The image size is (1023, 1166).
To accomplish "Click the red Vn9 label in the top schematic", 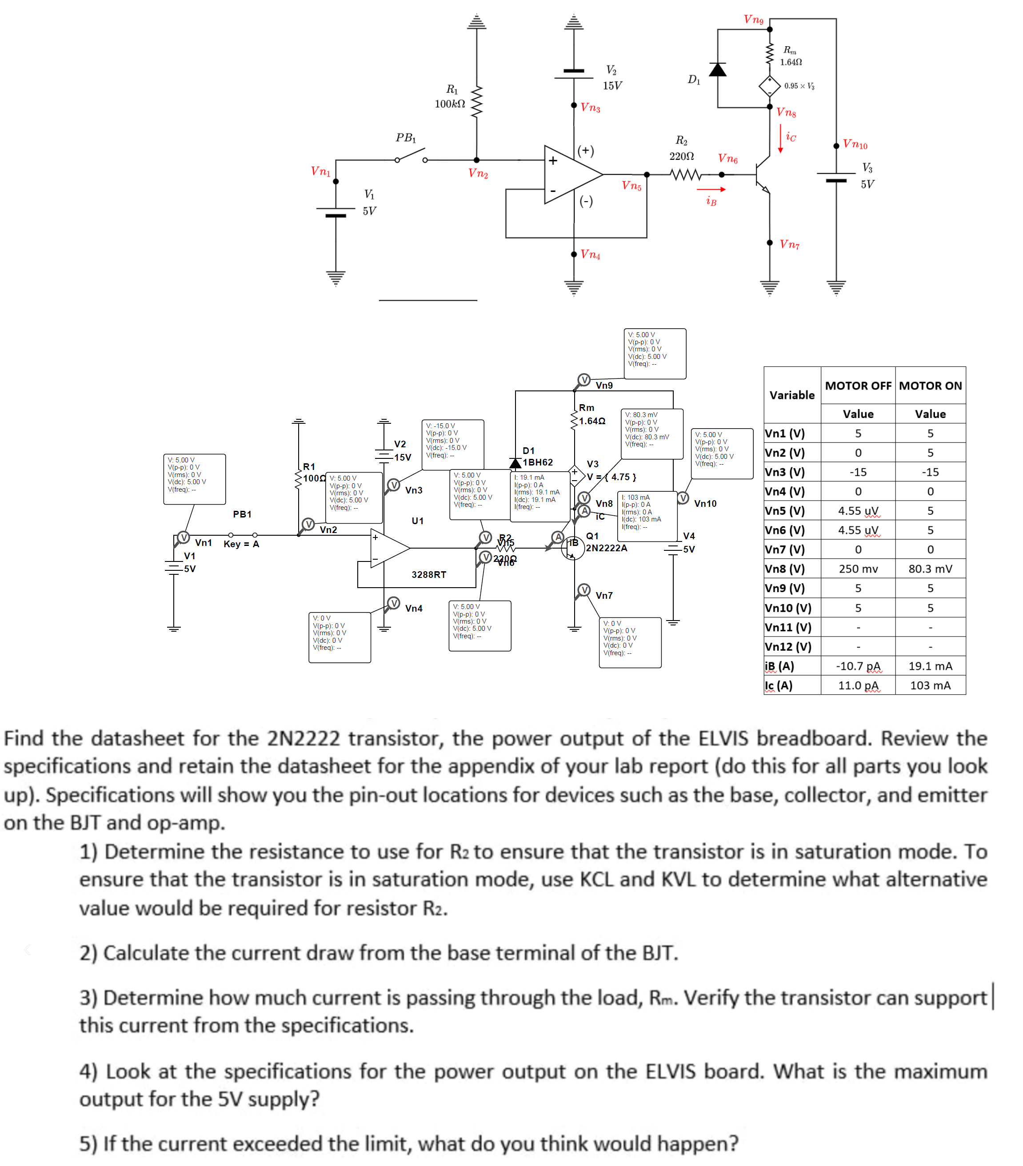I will tap(754, 20).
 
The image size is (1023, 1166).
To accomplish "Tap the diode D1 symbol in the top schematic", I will tap(718, 70).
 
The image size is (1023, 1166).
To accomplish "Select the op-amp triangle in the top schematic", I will tap(571, 174).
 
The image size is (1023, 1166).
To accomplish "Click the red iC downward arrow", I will tap(780, 139).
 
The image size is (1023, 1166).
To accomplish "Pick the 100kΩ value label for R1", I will tap(450, 104).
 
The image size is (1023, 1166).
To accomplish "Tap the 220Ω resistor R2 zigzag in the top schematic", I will tap(685, 175).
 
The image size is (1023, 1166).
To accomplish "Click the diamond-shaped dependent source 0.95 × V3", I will tap(770, 86).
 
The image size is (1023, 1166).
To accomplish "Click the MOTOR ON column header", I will tap(930, 386).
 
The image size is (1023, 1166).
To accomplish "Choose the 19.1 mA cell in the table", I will tap(930, 666).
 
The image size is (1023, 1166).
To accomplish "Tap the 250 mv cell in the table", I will tap(858, 569).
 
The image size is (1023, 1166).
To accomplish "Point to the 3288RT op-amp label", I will tap(429, 574).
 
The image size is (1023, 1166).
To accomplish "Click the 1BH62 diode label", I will tap(538, 462).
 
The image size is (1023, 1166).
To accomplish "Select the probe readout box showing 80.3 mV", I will tap(651, 433).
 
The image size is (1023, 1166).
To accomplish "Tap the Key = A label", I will tap(241, 544).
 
